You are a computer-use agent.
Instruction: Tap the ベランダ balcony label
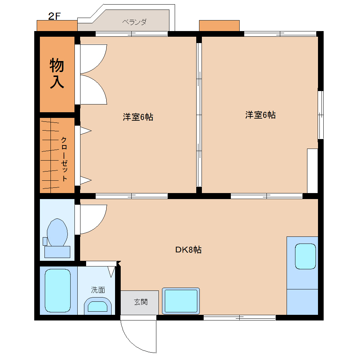tap(134, 22)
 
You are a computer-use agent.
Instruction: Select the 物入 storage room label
tap(57, 73)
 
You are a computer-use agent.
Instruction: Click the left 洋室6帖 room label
tap(138, 117)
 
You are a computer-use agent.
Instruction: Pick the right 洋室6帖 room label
tap(260, 115)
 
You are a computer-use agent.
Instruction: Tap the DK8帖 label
tap(188, 250)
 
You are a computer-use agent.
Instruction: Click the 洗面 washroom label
tap(98, 290)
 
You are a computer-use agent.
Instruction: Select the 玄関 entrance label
tap(140, 302)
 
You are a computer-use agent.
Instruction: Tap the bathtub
tap(58, 290)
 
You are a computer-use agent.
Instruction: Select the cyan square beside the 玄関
tap(181, 301)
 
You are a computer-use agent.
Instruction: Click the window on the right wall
tap(320, 115)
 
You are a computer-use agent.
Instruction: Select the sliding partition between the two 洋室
tap(199, 115)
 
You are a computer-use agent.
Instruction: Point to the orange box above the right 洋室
tap(219, 26)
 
